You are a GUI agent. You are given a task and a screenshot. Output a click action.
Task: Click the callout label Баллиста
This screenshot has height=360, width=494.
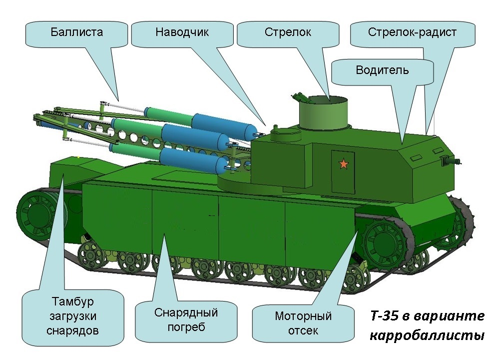pos(77,32)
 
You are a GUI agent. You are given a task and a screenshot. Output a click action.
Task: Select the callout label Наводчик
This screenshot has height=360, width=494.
pos(182,32)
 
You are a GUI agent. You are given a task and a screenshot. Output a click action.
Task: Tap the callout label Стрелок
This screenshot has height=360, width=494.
pos(288,32)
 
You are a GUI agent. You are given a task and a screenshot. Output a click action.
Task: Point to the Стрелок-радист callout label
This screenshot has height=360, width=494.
pos(412,32)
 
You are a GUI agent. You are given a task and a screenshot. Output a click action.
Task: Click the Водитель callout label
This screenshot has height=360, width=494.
pos(382,69)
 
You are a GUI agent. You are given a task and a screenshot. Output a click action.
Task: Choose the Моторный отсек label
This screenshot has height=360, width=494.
pos(303,323)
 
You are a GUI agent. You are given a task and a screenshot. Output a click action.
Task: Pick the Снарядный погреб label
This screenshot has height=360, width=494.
pos(186,319)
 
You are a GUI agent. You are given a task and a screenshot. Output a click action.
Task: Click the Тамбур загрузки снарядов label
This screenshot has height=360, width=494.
pos(73,316)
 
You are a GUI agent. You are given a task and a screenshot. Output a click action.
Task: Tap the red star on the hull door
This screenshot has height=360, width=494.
pos(344,164)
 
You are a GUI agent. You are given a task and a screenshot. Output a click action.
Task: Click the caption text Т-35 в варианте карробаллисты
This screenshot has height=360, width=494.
pos(427,325)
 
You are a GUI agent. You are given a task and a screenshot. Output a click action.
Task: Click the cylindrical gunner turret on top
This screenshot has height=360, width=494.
pos(323,113)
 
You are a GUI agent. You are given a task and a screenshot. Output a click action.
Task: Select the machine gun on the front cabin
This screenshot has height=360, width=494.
pos(451,160)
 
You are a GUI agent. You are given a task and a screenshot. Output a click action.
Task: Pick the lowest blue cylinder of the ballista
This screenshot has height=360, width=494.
pos(193,159)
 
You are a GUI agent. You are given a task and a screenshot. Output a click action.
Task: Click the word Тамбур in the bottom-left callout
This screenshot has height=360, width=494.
pos(73,301)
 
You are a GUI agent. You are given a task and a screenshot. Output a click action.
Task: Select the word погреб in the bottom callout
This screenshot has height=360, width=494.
pos(186,327)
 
